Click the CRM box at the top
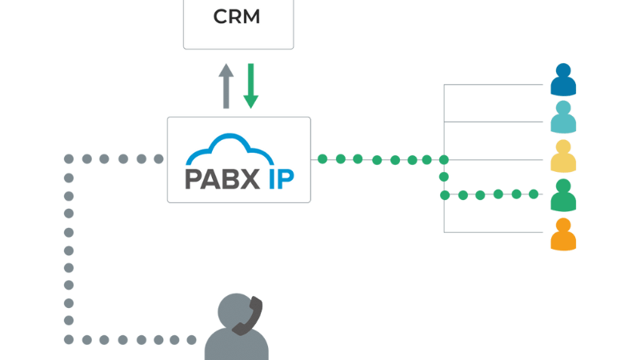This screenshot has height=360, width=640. click(x=238, y=24)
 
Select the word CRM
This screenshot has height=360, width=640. click(x=238, y=17)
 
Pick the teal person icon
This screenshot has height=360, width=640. click(x=563, y=118)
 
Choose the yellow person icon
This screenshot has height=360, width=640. click(x=563, y=156)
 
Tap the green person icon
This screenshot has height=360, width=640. click(x=563, y=194)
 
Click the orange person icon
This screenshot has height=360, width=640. click(x=563, y=233)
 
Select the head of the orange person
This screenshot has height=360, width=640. click(x=563, y=224)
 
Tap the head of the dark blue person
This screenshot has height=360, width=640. click(x=563, y=71)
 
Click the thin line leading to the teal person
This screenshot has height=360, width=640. click(x=496, y=121)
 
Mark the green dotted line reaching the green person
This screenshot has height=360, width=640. click(x=496, y=194)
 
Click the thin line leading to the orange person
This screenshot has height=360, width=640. click(x=496, y=233)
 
